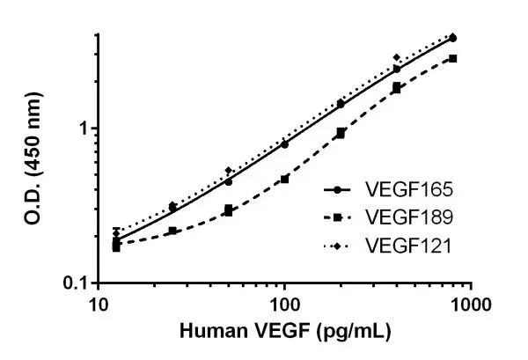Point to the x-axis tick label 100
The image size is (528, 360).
pos(284,305)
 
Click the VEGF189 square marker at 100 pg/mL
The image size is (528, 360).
pos(285,179)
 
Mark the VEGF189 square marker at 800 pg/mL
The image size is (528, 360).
pos(453,58)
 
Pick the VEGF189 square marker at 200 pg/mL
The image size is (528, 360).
pos(341,133)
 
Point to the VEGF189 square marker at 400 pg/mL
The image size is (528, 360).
pos(397,88)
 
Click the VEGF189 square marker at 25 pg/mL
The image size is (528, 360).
pos(172,231)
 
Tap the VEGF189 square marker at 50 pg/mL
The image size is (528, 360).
pos(229,210)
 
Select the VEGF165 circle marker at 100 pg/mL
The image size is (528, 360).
pos(285,143)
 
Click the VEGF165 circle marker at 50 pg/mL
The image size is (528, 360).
pos(229,182)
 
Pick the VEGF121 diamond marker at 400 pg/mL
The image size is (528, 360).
pos(397,58)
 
